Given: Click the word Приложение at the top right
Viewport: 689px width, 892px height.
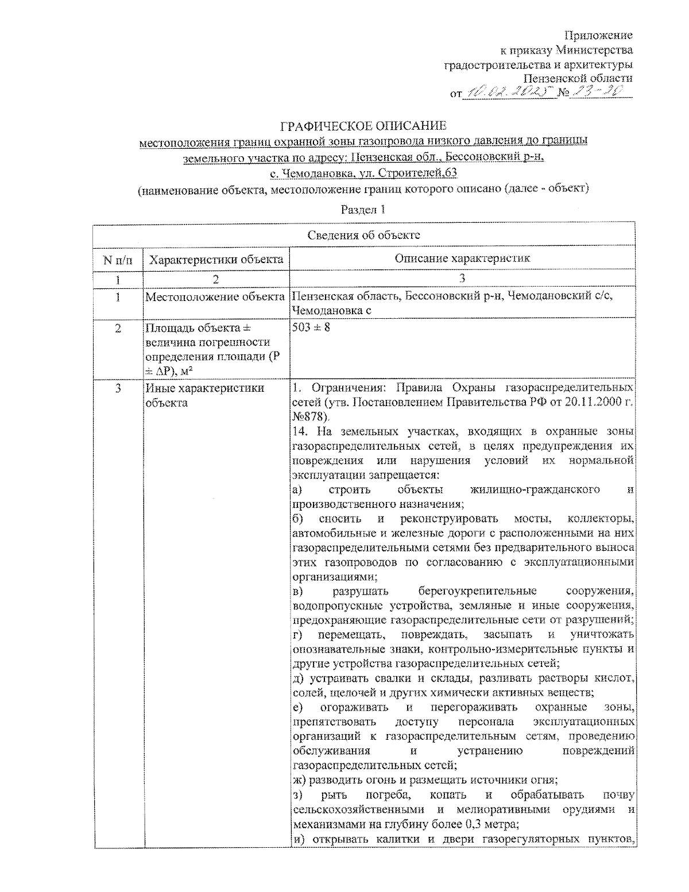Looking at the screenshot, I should [x=599, y=36].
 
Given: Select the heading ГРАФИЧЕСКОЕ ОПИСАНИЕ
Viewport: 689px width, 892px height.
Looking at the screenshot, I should [x=363, y=126].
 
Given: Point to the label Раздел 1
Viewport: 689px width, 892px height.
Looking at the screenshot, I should [x=363, y=210].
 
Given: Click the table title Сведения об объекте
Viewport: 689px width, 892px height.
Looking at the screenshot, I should [x=363, y=235].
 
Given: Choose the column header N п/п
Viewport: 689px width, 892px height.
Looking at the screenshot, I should [x=118, y=259].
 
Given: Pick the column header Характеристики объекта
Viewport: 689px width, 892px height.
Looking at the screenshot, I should [x=216, y=259].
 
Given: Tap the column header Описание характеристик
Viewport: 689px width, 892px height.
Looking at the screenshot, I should [x=462, y=258].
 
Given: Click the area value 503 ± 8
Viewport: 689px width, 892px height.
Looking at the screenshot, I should [x=311, y=328].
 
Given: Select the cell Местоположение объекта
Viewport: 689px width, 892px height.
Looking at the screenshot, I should [x=215, y=297].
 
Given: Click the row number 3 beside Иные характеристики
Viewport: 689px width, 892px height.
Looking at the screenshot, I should [x=118, y=388].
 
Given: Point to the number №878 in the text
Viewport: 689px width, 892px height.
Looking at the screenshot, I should [x=309, y=416].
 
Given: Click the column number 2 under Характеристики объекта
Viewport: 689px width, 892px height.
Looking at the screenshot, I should [x=216, y=279].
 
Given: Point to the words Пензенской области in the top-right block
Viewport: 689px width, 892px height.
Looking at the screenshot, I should [x=578, y=78].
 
